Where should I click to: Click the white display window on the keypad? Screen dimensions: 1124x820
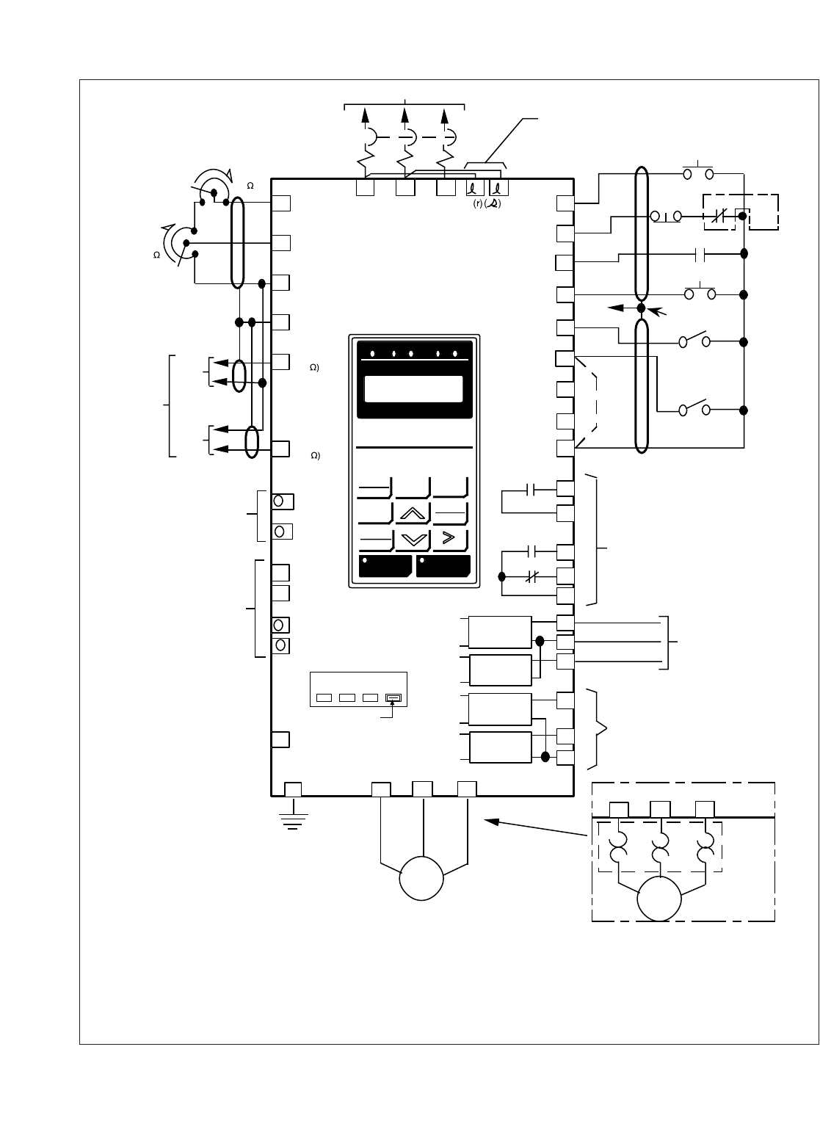413,389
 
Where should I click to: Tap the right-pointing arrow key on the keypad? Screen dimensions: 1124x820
450,538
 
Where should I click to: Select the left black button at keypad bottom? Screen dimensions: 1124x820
385,567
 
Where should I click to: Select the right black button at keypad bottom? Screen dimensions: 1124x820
443,567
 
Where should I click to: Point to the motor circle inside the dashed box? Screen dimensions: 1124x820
659,899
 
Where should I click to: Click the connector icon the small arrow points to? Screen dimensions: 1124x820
394,697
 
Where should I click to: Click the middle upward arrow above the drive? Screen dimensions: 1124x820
405,116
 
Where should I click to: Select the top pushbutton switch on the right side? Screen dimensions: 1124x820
698,173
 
